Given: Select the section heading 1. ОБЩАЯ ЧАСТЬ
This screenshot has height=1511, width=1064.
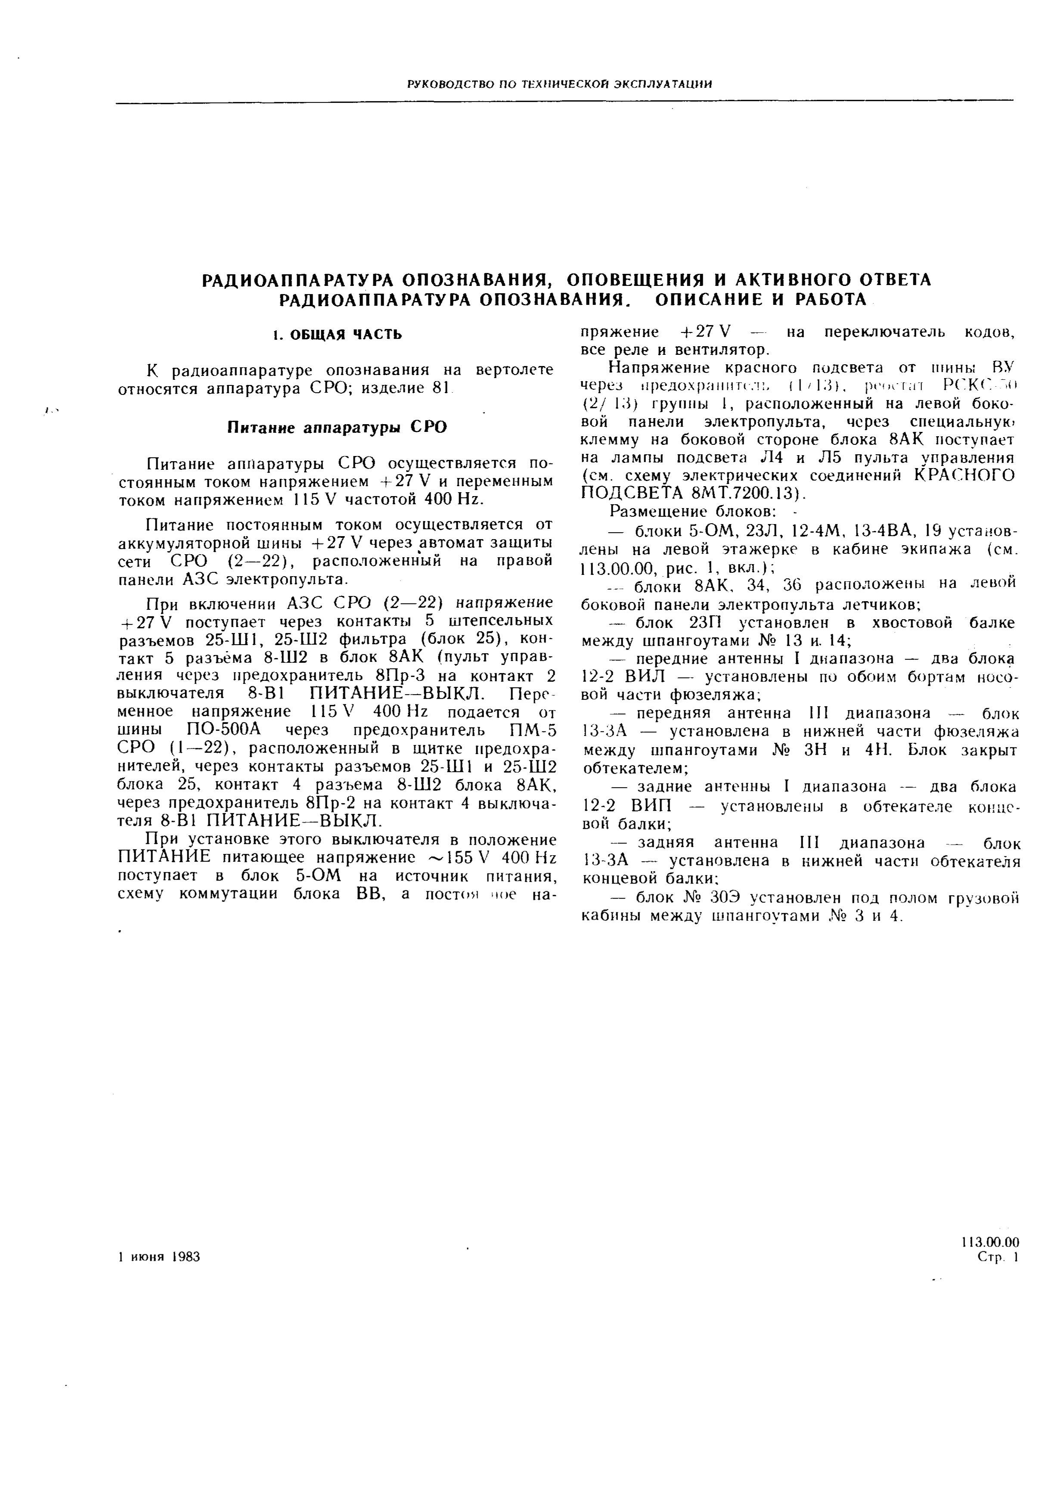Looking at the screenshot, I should point(337,335).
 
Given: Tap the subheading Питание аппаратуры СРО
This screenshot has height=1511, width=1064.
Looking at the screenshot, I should point(337,428).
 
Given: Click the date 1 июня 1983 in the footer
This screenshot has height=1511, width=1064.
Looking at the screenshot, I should point(158,1257).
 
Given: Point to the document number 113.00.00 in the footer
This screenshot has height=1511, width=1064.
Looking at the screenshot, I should point(990,1242).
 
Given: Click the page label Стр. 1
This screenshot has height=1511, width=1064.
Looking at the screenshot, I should point(998,1258).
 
